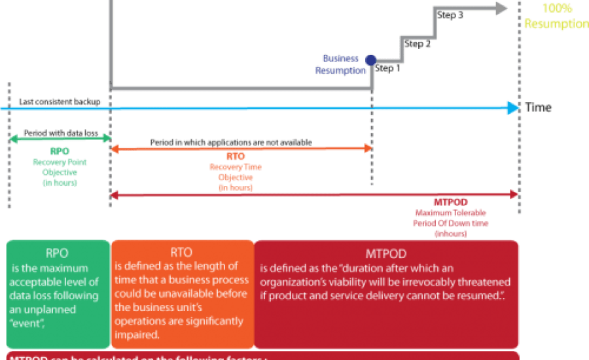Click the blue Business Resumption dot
tap(370, 60)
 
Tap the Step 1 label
tap(387, 68)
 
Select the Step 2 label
tap(418, 45)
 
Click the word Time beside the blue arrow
tap(538, 108)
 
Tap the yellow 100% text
tap(558, 9)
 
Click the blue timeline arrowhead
tap(511, 107)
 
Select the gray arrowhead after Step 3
tap(501, 8)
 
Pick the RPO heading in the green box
tap(59, 253)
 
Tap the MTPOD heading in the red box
tap(387, 253)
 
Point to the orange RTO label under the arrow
tap(235, 157)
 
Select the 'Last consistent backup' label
tap(60, 101)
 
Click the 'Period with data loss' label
tap(61, 133)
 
